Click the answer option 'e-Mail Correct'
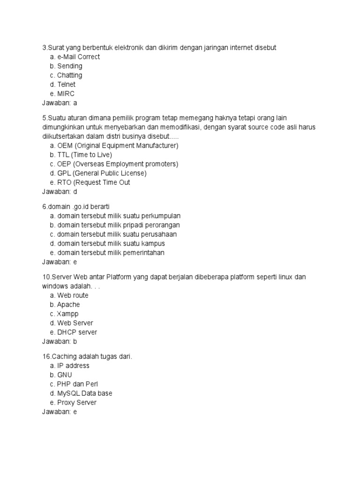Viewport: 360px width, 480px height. coord(78,57)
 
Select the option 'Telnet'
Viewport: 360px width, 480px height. coord(66,84)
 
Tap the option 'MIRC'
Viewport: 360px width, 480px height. coord(66,94)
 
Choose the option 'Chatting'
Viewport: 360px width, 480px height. coord(69,75)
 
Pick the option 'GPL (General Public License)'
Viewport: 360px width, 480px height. coord(102,173)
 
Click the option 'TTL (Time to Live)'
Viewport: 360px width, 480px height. coord(84,155)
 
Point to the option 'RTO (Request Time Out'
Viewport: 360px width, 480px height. coord(93,182)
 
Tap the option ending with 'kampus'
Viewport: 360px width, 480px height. coord(111,243)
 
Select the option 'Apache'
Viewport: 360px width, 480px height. coord(68,304)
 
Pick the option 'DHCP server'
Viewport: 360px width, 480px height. coord(77,332)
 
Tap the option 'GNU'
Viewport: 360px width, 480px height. coord(65,375)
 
